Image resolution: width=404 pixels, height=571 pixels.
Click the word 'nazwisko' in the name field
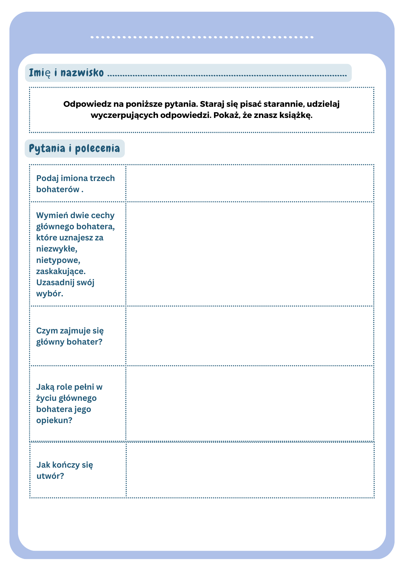[82, 73]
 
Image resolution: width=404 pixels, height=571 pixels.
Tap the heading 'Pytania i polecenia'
[75, 148]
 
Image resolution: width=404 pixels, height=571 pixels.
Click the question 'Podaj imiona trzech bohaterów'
[75, 184]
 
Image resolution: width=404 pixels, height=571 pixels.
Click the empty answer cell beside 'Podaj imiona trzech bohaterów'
[250, 183]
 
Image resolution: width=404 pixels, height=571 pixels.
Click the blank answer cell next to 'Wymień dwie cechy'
[250, 254]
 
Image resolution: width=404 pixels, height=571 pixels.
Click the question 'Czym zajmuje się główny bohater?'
[70, 336]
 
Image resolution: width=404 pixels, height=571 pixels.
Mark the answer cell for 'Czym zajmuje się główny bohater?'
[250, 336]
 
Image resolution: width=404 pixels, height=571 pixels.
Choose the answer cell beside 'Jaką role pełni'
[250, 403]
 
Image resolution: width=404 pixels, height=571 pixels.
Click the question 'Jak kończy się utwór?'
[65, 470]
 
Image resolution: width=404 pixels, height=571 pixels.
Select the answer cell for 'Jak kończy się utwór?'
[250, 470]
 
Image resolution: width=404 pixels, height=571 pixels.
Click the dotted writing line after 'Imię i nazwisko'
[227, 76]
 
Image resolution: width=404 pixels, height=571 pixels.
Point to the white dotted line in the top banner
[202, 37]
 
